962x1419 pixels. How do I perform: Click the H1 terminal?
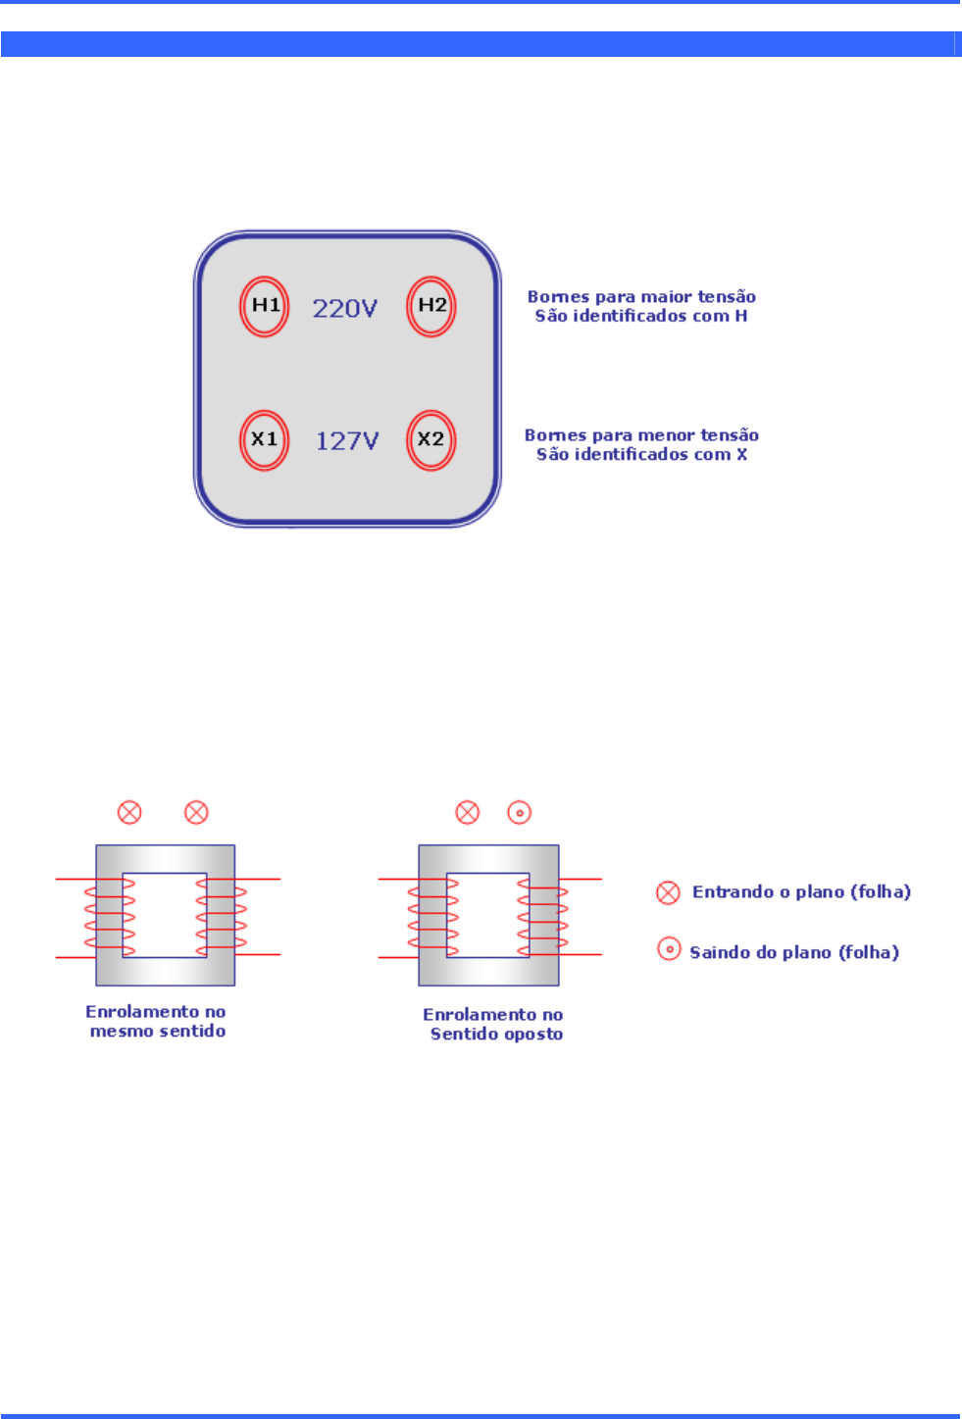pos(265,306)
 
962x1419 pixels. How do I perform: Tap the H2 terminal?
pos(431,306)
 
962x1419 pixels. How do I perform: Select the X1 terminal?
pos(265,439)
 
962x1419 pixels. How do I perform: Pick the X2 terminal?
pos(431,439)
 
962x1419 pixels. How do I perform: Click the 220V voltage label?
pos(345,309)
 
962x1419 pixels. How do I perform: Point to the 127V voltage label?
pos(347,441)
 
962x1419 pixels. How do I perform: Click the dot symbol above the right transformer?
pos(519,812)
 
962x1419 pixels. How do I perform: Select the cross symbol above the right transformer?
pos(468,812)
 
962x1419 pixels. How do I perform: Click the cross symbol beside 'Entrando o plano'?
pos(668,891)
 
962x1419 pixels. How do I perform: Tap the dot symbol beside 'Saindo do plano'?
pos(669,949)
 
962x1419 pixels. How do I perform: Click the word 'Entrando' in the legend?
pos(733,891)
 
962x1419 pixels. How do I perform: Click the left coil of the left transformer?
pos(109,917)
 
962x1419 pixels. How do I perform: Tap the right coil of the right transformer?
pos(544,917)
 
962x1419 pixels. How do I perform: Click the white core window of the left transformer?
pos(165,915)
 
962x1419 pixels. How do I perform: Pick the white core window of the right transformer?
pos(487,915)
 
